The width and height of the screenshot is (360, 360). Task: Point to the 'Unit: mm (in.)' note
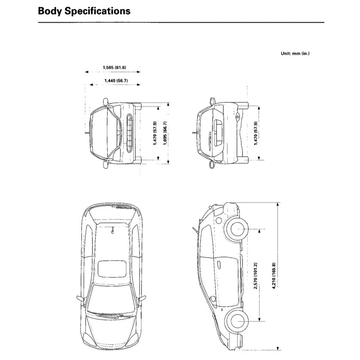[295, 54]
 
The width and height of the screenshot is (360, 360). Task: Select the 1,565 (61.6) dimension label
[114, 67]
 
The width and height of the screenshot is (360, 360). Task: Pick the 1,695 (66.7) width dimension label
[165, 133]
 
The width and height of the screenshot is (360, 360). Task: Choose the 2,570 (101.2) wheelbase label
[256, 276]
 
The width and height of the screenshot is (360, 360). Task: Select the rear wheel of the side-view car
[237, 230]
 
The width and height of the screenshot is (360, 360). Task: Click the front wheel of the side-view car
[237, 321]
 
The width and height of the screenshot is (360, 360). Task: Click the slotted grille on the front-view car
[130, 133]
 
